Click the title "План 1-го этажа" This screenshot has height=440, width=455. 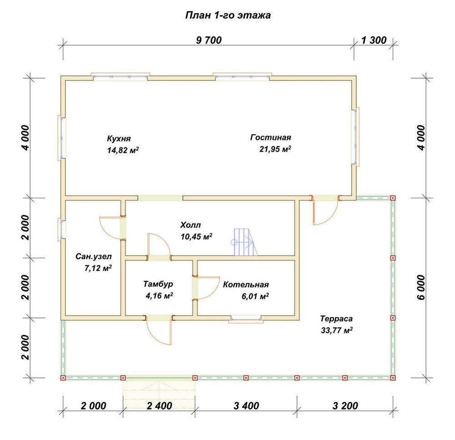point(228,15)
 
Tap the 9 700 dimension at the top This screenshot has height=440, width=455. point(209,40)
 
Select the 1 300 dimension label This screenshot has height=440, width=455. point(374,40)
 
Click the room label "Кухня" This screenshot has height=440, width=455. point(119,138)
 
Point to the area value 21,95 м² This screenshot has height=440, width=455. point(275,149)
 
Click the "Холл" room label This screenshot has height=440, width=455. point(190,225)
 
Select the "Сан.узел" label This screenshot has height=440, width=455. point(93,256)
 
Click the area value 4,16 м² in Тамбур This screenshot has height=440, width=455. point(159,295)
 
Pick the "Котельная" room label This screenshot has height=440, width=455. point(246,285)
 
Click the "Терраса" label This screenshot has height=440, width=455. point(336,319)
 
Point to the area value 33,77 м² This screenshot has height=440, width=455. point(337,330)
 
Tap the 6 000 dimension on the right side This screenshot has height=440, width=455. point(421,288)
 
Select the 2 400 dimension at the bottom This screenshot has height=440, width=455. point(159,406)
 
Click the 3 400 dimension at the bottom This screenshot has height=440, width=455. point(246,406)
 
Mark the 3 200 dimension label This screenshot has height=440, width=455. point(345,406)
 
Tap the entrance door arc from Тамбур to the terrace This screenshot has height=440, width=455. point(154,336)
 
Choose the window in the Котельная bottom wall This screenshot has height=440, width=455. point(246,320)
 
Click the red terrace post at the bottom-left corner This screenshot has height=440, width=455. point(63,378)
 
